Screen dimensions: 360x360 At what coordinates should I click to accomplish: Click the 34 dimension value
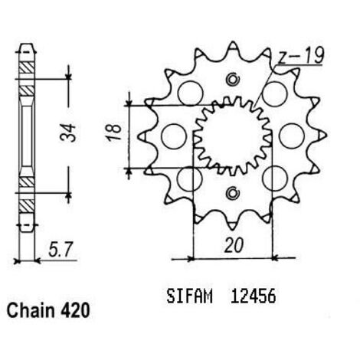point(68,133)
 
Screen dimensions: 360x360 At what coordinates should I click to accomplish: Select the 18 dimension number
point(114,132)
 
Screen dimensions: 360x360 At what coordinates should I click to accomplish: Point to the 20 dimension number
point(234,246)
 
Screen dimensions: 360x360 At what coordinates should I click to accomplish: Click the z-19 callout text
point(301,56)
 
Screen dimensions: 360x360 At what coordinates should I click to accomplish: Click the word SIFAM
point(189,296)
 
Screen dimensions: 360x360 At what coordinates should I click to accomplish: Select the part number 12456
point(254,296)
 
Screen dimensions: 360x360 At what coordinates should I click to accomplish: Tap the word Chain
point(31,310)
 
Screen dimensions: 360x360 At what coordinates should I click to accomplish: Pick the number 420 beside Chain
point(75,310)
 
